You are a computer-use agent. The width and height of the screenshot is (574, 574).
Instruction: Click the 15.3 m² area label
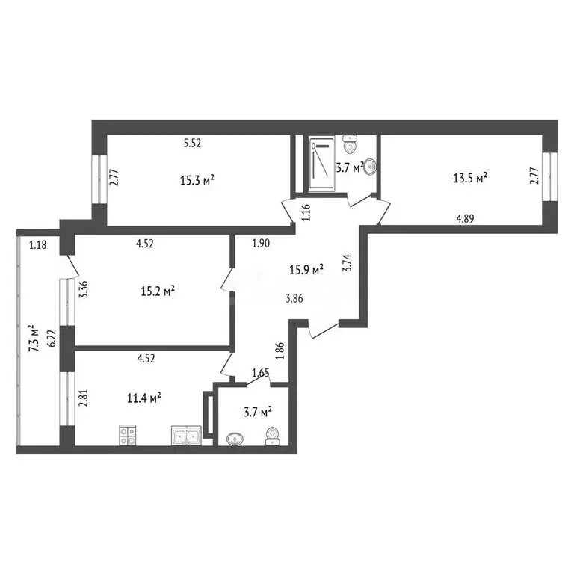198,179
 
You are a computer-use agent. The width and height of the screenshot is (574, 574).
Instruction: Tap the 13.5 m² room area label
470,178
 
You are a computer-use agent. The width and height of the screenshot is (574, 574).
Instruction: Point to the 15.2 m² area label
158,291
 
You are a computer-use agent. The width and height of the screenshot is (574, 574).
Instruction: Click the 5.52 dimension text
193,143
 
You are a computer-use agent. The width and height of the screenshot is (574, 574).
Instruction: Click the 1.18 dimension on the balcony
38,243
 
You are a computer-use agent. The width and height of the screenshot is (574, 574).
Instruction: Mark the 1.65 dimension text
260,372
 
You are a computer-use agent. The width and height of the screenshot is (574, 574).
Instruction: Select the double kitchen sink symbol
185,435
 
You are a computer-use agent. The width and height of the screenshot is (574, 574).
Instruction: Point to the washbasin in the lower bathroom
234,439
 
